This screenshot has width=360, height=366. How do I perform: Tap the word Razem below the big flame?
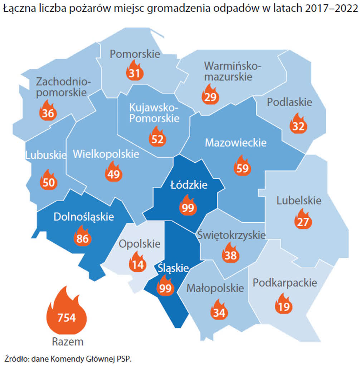(x=68, y=341)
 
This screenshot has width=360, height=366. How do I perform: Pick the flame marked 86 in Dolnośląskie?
(x=82, y=237)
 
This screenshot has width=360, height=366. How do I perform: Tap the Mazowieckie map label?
(x=235, y=143)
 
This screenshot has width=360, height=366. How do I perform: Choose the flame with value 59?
(x=242, y=167)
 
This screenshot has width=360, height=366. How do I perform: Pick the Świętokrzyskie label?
(x=232, y=236)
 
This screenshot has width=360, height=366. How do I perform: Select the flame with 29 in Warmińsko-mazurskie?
(x=210, y=95)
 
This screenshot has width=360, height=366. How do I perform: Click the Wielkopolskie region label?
(x=106, y=154)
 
